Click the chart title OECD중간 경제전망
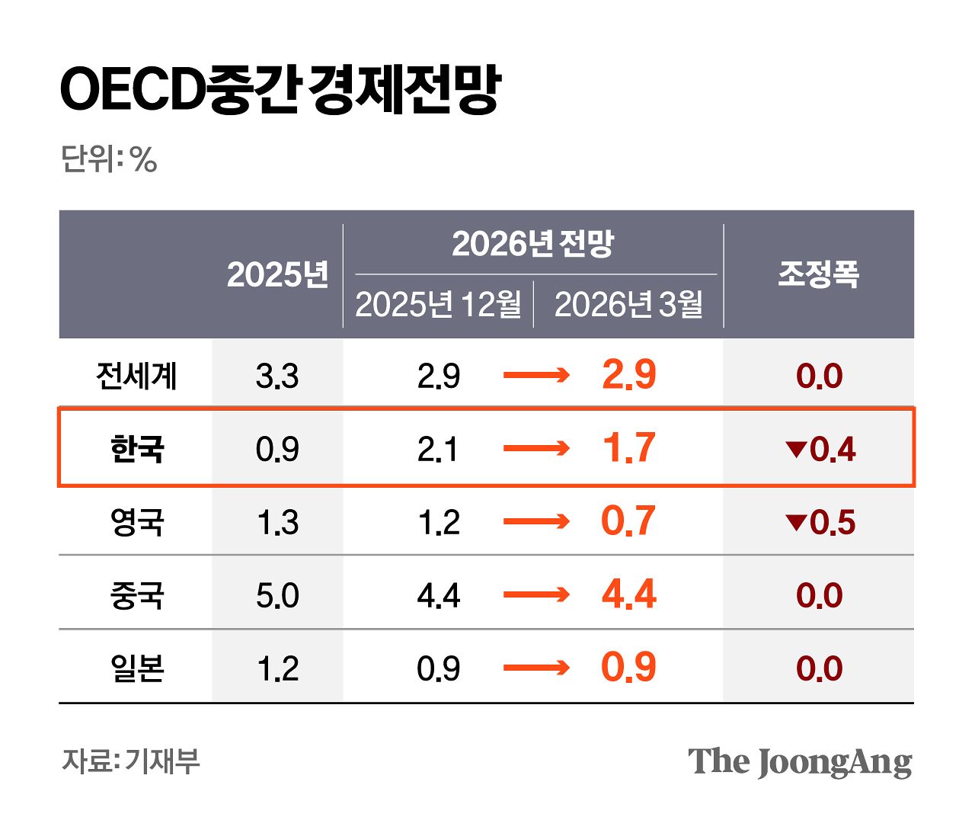point(280,89)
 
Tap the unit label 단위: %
point(108,160)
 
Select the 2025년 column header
point(277,274)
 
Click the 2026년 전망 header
point(532,244)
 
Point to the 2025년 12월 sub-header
point(438,305)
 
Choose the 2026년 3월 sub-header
point(628,305)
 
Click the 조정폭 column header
point(818,274)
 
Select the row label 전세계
point(136,376)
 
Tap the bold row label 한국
point(136,449)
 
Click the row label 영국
point(136,522)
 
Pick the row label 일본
point(136,668)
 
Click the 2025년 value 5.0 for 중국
point(277,595)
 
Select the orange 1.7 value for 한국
point(628,448)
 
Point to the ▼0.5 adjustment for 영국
point(820,522)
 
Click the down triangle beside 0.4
point(795,450)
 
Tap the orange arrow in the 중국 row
point(536,594)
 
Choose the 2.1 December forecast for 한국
point(438,449)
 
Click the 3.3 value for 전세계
point(277,376)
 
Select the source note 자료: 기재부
point(130,761)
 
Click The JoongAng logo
point(799,761)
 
